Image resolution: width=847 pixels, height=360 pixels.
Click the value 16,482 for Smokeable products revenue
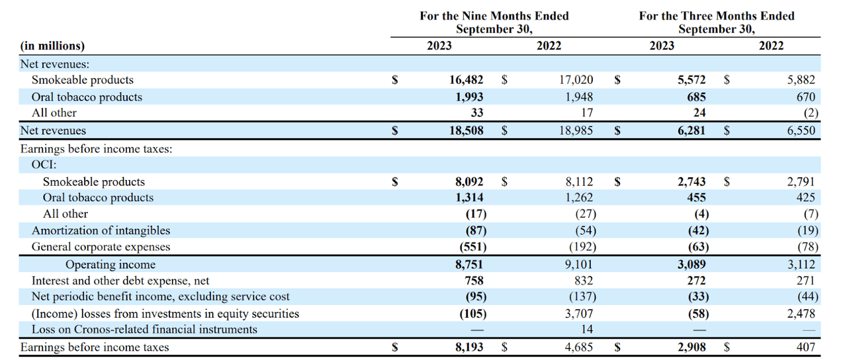click(466, 80)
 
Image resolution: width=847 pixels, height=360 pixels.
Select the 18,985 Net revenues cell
click(576, 131)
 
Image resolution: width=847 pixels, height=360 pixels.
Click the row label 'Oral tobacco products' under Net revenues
click(87, 97)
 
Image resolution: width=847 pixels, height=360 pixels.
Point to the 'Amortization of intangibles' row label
click(101, 230)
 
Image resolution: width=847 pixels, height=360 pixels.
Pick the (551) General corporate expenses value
click(472, 247)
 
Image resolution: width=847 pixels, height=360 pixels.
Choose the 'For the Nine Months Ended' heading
click(494, 16)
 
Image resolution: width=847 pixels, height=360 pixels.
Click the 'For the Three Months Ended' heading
click(717, 16)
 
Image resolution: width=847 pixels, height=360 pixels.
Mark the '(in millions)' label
click(53, 46)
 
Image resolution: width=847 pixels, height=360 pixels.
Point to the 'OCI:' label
click(44, 165)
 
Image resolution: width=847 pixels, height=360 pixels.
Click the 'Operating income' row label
click(111, 264)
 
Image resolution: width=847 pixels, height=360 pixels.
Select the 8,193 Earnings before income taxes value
click(469, 347)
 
